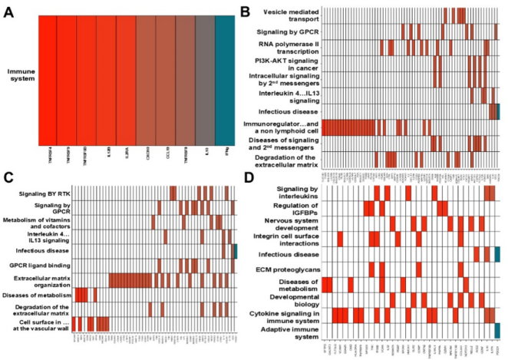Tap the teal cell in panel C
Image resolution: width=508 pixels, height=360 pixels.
(236, 250)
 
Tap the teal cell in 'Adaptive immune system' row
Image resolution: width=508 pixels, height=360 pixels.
(498, 331)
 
